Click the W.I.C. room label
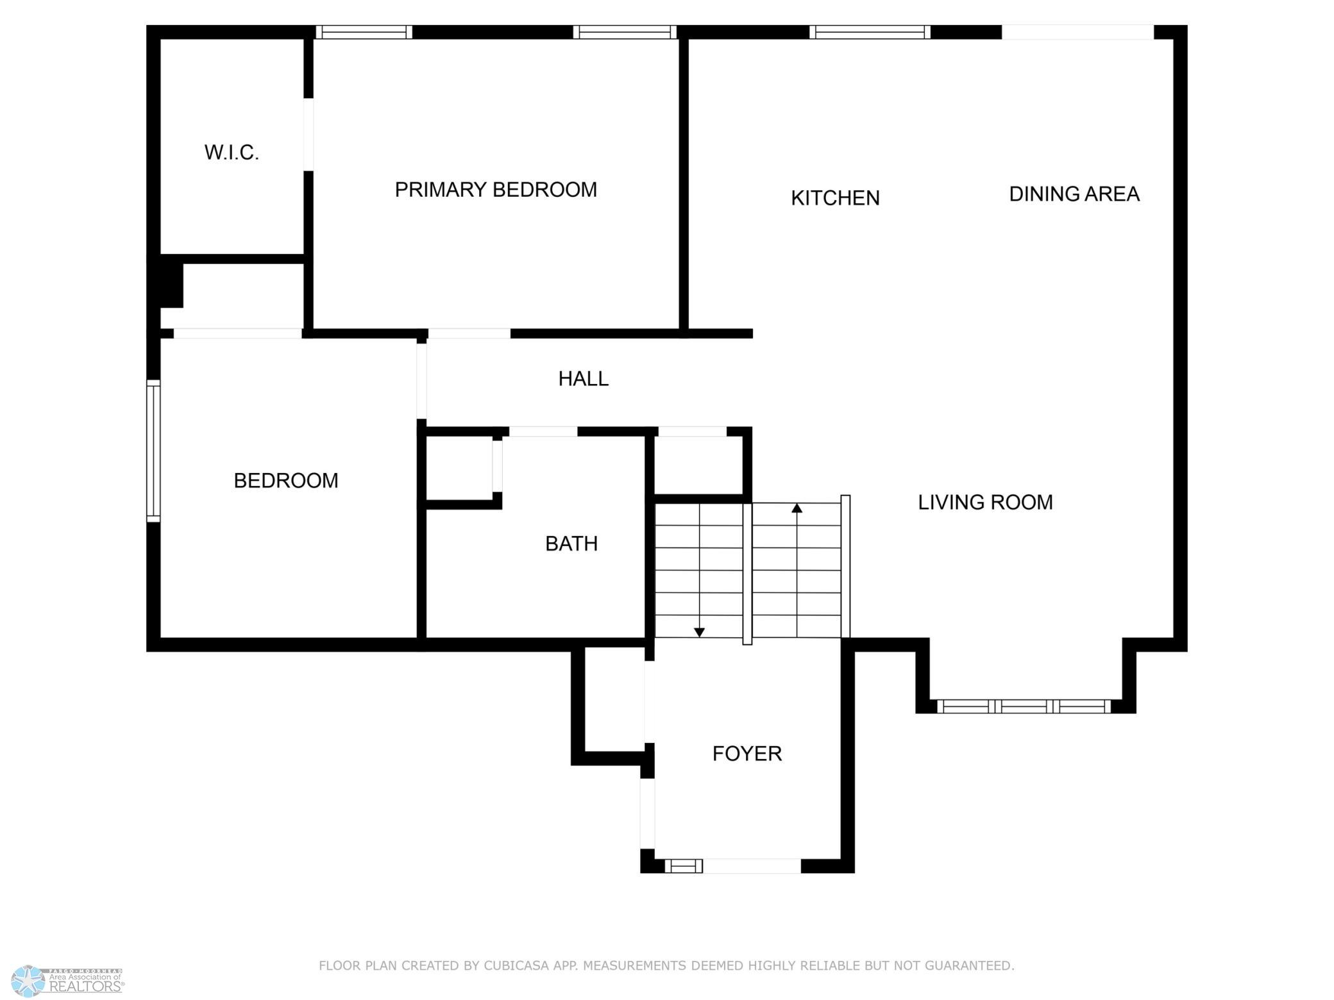232,153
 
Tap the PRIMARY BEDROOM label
496,190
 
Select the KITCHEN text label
835,198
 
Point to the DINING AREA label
1074,194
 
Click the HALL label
584,379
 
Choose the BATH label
571,544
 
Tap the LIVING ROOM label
985,503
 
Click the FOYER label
747,754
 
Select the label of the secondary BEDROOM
286,481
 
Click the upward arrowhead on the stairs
797,508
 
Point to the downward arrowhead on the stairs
700,632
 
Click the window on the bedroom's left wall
153,451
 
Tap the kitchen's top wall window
870,32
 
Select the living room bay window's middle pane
1024,706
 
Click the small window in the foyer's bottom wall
684,866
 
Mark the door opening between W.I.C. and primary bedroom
308,135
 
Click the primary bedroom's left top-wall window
364,32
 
